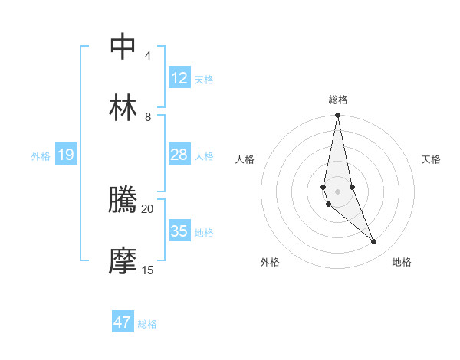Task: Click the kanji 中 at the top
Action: click(x=123, y=47)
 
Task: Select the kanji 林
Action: click(x=123, y=108)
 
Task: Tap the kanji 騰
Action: click(x=123, y=200)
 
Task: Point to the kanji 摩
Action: click(x=123, y=261)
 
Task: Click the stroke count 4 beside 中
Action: click(x=147, y=56)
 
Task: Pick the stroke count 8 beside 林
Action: click(x=148, y=117)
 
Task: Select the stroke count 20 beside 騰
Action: click(x=148, y=208)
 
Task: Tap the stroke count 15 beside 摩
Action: click(x=148, y=270)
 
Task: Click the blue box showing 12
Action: click(x=179, y=78)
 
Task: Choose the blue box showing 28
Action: click(x=179, y=155)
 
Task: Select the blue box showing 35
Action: click(x=179, y=231)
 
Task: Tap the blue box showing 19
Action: click(x=66, y=155)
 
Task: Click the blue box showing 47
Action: click(x=123, y=322)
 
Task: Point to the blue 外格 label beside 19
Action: click(x=41, y=156)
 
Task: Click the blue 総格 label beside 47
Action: click(x=147, y=324)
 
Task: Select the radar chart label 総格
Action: click(x=337, y=100)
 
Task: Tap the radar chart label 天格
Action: click(x=432, y=159)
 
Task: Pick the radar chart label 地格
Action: click(x=402, y=263)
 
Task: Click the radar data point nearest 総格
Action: click(x=337, y=116)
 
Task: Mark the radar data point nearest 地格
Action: click(x=374, y=242)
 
